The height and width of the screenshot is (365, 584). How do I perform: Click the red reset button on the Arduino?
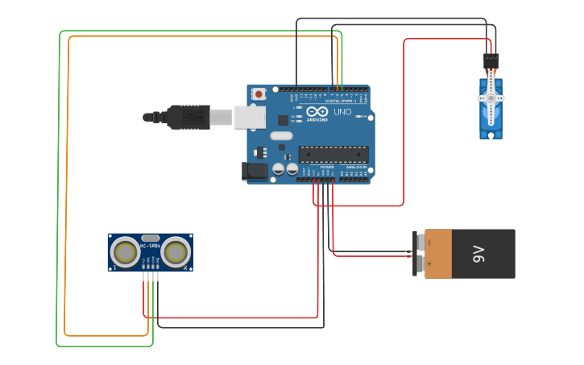point(259,94)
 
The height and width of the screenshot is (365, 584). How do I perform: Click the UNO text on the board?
point(342,112)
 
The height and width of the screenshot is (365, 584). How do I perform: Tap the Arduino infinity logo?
point(317,111)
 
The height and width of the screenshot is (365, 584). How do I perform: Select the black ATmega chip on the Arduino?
point(333,154)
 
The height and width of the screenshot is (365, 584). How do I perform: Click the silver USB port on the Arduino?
point(250,118)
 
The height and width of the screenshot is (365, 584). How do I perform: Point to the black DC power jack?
point(255,171)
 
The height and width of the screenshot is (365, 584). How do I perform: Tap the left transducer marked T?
point(126,252)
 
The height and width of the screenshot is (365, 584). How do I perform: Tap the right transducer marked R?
point(176,252)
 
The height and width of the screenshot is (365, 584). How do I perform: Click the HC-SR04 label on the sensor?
point(151,245)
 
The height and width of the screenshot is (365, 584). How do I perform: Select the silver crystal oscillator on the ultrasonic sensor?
point(151,238)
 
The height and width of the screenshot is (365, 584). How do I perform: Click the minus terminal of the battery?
point(420,242)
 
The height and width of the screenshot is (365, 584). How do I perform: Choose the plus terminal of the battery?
point(420,263)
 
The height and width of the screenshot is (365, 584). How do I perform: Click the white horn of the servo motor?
point(491,98)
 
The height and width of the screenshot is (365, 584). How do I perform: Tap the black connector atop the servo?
point(491,60)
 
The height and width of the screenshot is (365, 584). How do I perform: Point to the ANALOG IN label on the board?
point(354,167)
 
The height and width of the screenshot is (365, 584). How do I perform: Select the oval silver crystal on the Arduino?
point(280,136)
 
